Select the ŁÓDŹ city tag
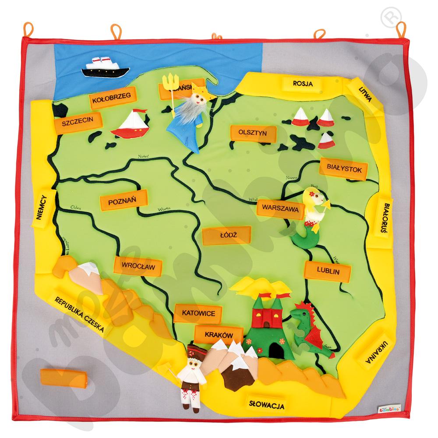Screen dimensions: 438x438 point(226,236)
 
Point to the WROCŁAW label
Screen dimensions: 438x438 point(136,266)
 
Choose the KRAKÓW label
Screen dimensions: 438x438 point(218,335)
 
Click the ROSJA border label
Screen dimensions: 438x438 point(303,84)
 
